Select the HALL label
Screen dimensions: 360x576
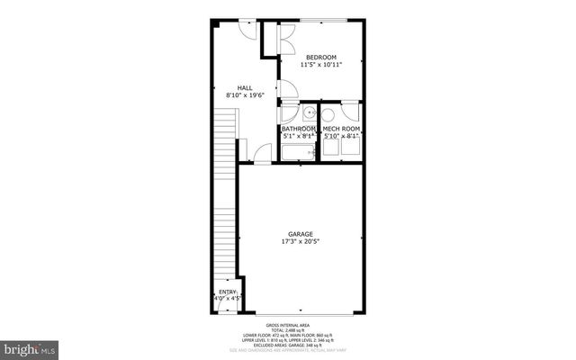244,87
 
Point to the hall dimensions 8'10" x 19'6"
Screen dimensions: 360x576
244,95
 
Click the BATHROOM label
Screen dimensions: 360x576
299,129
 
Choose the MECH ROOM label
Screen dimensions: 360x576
341,129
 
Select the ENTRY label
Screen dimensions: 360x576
228,292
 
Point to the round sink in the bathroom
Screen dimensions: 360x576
308,113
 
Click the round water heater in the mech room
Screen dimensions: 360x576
328,114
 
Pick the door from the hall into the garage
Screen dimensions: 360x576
262,154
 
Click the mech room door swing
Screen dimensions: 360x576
350,114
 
